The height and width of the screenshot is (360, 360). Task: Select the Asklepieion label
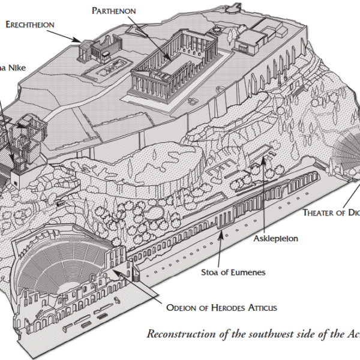point(276,238)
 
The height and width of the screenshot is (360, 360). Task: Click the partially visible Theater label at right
point(331,212)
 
